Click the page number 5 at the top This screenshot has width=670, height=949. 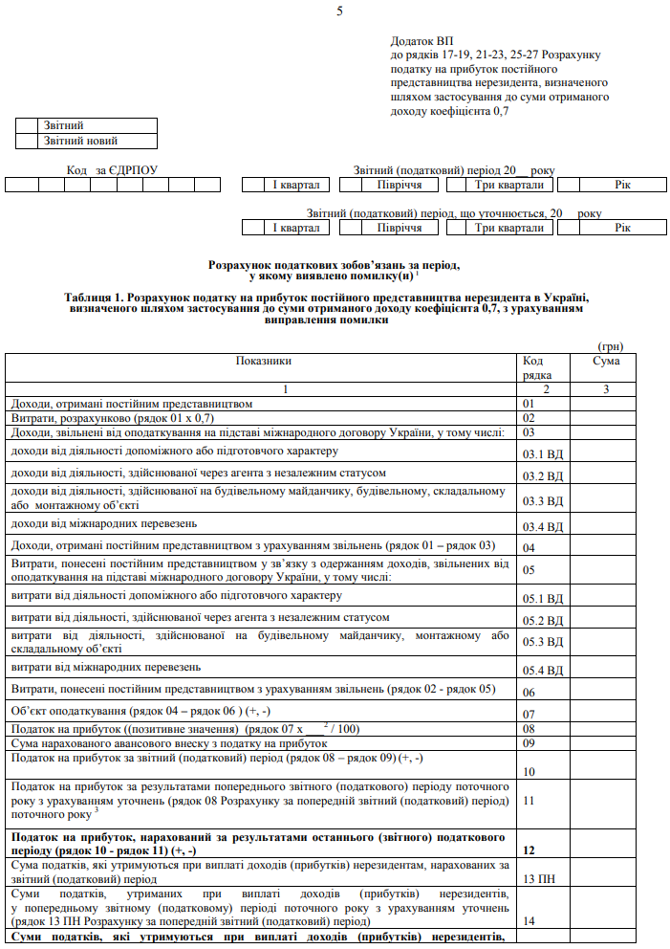(339, 11)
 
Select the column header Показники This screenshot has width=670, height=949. (263, 362)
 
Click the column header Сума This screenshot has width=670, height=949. (606, 362)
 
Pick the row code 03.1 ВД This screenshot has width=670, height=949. (543, 453)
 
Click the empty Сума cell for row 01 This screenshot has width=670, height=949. (602, 404)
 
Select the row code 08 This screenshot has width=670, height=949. (530, 729)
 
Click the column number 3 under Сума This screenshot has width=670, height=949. (605, 389)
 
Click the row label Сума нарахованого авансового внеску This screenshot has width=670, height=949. (168, 743)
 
